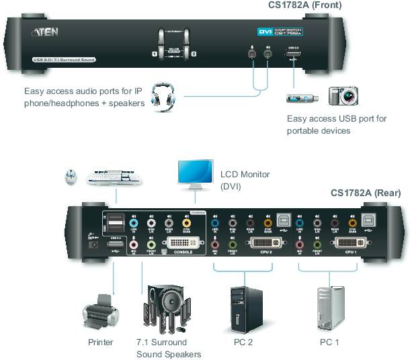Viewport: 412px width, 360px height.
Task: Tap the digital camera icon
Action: point(343,96)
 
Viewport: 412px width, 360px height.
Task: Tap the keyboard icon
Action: point(116,177)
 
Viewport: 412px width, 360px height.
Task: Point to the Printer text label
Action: point(100,342)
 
